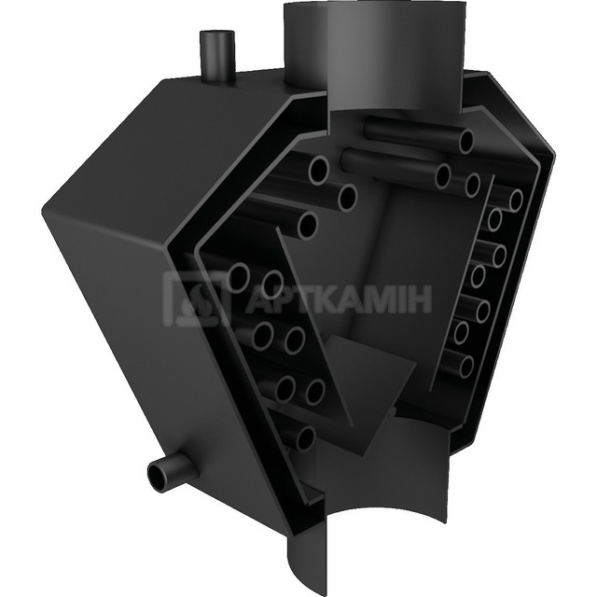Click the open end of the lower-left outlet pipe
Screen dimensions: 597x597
[x=159, y=477]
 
